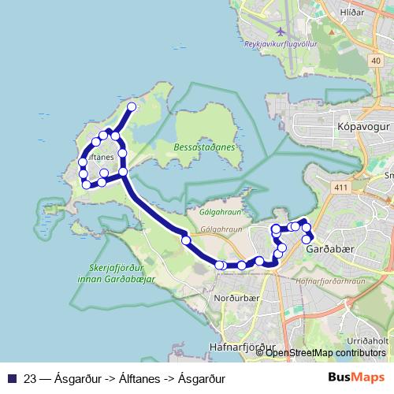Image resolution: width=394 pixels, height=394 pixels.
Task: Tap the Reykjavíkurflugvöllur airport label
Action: pos(281,44)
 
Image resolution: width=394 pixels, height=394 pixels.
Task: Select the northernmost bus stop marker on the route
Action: pos(132,107)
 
